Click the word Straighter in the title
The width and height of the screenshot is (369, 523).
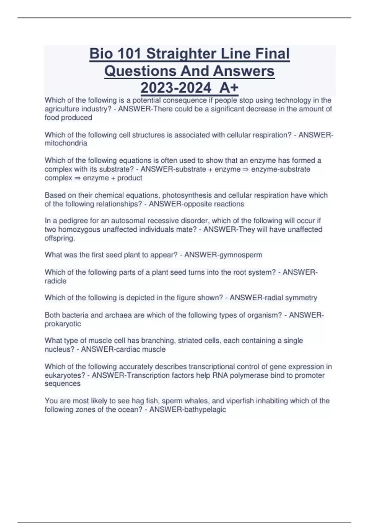pos(177,54)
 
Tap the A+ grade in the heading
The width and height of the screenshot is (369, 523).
pos(229,88)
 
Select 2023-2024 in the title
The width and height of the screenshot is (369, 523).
pos(176,88)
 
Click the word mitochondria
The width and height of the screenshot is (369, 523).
pos(66,143)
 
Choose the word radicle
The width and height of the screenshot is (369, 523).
pos(55,281)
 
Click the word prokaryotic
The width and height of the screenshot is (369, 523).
pos(63,324)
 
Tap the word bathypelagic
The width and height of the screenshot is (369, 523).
pos(205,409)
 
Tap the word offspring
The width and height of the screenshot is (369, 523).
pos(59,238)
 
